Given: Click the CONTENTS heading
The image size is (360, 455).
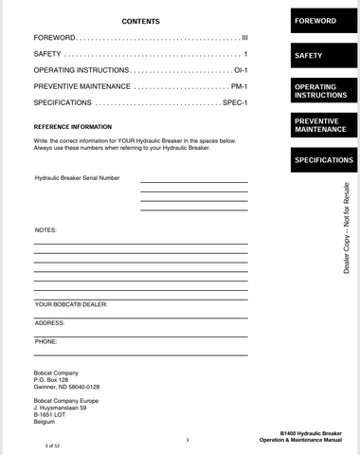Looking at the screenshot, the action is point(141,21).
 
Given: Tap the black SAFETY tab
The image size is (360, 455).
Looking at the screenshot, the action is point(310,56).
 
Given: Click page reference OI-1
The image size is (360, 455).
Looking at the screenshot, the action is point(240,71).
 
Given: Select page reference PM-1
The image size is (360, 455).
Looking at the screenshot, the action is point(239,86).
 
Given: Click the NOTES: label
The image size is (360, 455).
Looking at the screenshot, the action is point(45,230).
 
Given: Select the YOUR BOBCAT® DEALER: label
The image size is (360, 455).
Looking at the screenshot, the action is point(71,304).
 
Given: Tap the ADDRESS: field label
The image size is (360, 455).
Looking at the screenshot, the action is point(49,322).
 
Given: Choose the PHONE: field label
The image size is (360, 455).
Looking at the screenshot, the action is point(45,340).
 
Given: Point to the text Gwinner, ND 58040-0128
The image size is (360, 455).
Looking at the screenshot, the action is point(66,388).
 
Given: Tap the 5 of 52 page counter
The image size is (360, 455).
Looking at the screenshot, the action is point(45,445).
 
